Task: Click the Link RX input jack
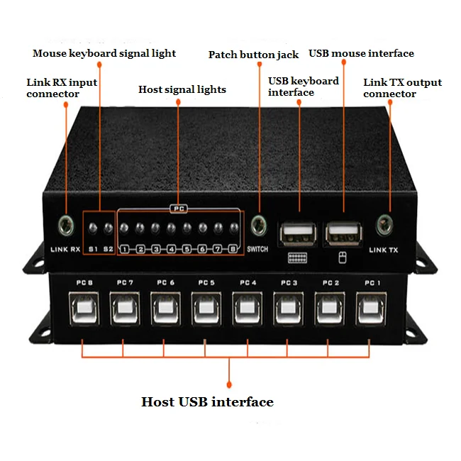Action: click(x=66, y=226)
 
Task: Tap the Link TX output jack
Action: click(x=384, y=223)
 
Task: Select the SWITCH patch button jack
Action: click(x=258, y=226)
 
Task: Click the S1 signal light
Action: click(x=93, y=228)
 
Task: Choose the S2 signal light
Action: click(x=108, y=228)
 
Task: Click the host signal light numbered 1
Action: click(x=124, y=228)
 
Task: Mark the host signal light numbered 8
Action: click(x=233, y=228)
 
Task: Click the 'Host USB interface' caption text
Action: click(x=207, y=402)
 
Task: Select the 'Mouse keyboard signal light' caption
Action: click(x=104, y=53)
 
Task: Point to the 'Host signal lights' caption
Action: click(x=182, y=89)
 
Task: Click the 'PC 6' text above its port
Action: click(x=166, y=283)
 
